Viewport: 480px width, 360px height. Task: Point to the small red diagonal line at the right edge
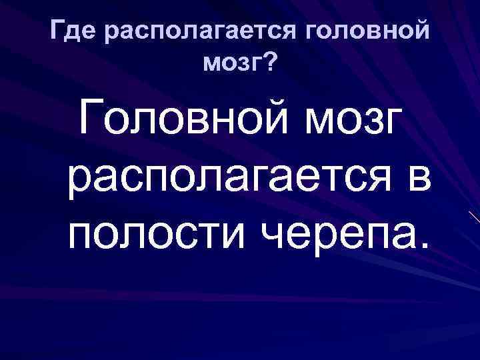point(473,217)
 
